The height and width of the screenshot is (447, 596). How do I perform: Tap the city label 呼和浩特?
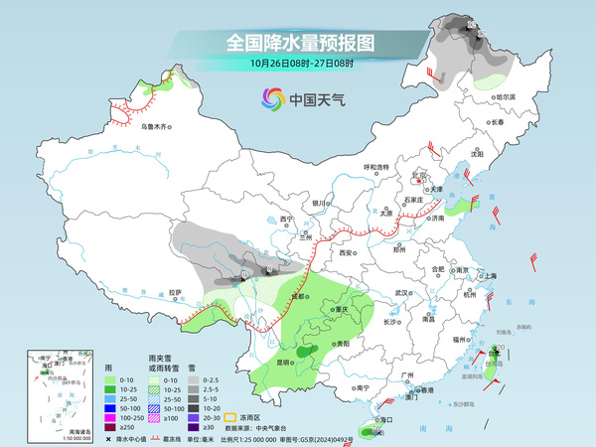(x=380, y=167)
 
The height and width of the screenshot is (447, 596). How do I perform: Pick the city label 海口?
(x=377, y=421)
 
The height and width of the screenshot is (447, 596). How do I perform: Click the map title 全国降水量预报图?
(x=299, y=43)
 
